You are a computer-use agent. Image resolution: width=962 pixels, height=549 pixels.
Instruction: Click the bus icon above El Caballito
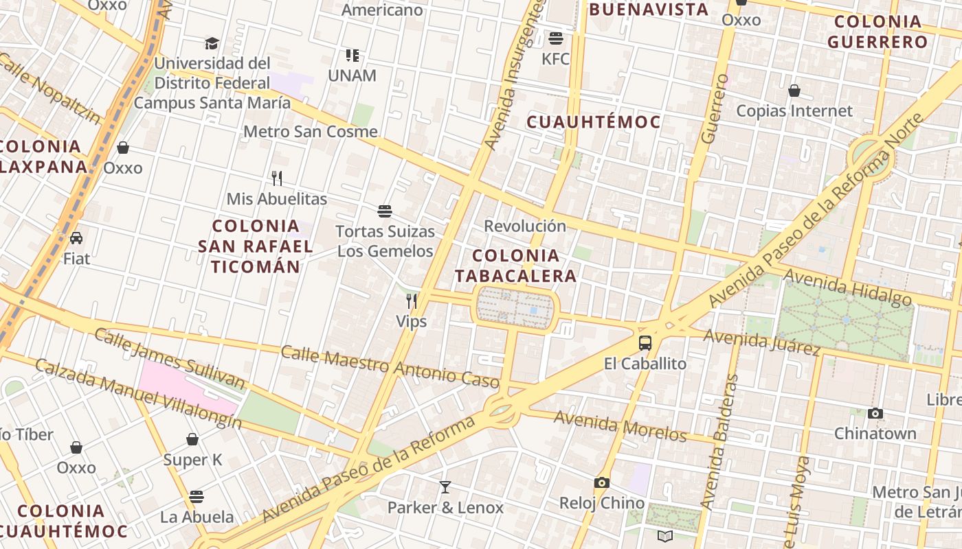(x=645, y=342)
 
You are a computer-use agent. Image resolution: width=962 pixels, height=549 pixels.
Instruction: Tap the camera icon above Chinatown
(x=875, y=413)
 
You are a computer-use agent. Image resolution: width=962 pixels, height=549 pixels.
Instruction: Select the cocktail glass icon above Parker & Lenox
(x=445, y=487)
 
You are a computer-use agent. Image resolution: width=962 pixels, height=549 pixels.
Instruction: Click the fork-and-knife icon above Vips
(x=412, y=301)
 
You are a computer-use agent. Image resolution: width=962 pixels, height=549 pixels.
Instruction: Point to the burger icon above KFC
(x=555, y=38)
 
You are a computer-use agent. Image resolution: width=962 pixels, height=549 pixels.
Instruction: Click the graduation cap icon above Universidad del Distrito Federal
(x=212, y=43)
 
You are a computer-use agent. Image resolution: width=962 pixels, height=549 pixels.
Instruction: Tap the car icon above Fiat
(x=76, y=238)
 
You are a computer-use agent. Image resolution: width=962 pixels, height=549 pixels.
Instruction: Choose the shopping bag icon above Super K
(x=192, y=439)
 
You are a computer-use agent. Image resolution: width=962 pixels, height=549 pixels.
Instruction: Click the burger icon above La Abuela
(x=197, y=496)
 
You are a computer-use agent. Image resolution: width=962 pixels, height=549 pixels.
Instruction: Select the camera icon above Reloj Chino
(x=601, y=482)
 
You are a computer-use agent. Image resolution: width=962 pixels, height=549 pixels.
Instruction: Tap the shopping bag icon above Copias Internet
(x=794, y=91)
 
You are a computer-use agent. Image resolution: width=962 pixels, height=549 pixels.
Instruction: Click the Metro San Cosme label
(x=311, y=131)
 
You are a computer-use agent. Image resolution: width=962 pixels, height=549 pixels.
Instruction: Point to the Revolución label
(x=525, y=226)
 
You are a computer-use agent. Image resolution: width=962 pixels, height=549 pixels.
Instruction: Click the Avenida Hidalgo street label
(x=847, y=287)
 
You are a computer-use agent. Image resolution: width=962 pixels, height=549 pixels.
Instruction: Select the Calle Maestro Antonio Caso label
(x=380, y=365)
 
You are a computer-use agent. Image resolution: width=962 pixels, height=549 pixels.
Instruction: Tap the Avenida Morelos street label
(x=620, y=425)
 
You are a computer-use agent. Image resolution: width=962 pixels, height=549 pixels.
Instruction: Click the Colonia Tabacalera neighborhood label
(x=515, y=266)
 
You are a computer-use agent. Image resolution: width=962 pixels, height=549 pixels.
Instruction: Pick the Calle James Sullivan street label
(x=169, y=358)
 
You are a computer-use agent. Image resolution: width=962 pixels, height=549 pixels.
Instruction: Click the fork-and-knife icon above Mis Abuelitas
(x=277, y=178)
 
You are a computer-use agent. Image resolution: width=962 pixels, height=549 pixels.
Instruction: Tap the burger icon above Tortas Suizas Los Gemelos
(x=385, y=211)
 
